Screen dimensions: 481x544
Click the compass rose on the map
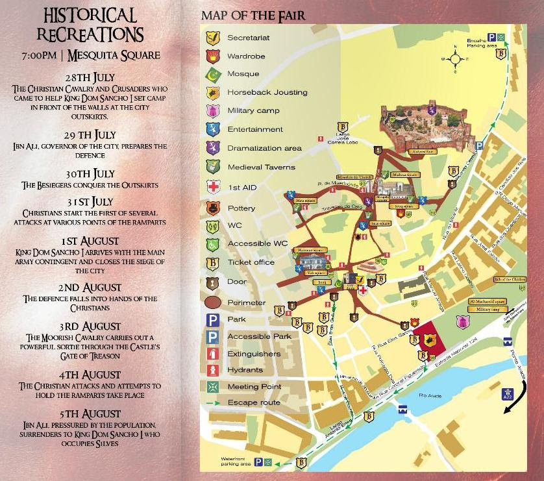pyautogui.click(x=456, y=59)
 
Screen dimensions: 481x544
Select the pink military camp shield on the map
pyautogui.click(x=462, y=321)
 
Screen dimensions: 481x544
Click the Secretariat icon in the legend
pyautogui.click(x=212, y=38)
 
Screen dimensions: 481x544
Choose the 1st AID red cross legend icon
pyautogui.click(x=212, y=188)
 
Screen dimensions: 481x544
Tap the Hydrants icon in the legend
pyautogui.click(x=212, y=370)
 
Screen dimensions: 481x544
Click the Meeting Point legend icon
pyautogui.click(x=212, y=387)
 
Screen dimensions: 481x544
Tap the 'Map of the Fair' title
pyautogui.click(x=253, y=16)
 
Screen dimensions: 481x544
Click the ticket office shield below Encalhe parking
pyautogui.click(x=501, y=55)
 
